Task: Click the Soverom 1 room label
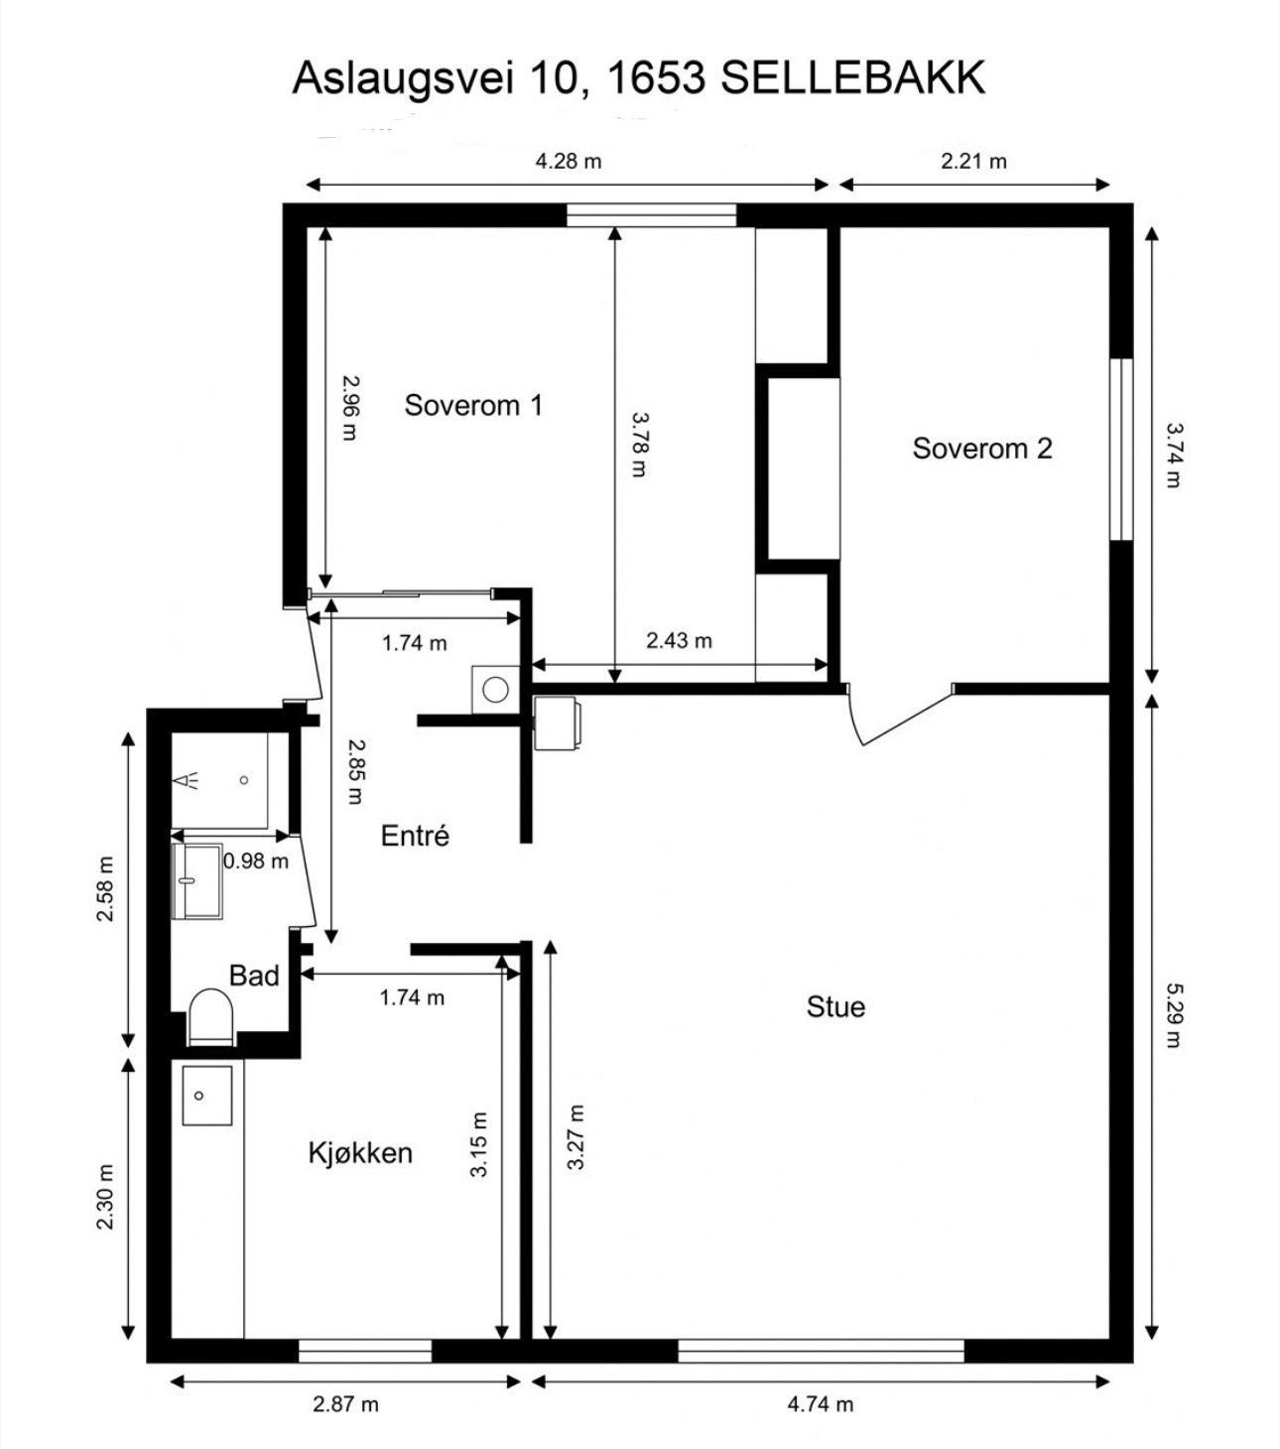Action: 473,406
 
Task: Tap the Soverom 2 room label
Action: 981,449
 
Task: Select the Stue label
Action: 835,1006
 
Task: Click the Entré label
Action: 415,835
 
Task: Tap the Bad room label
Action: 254,975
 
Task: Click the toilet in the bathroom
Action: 211,1017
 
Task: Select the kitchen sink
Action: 206,1096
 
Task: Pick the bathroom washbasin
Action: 196,881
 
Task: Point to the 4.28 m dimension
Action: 569,161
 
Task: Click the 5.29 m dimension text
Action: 1174,1015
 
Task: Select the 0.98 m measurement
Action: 255,861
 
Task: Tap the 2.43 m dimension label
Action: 679,640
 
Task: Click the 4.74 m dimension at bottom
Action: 821,1404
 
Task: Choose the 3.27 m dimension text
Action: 576,1137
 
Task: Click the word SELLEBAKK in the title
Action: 853,77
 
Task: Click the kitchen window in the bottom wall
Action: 365,1352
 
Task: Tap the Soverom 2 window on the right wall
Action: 1121,450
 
